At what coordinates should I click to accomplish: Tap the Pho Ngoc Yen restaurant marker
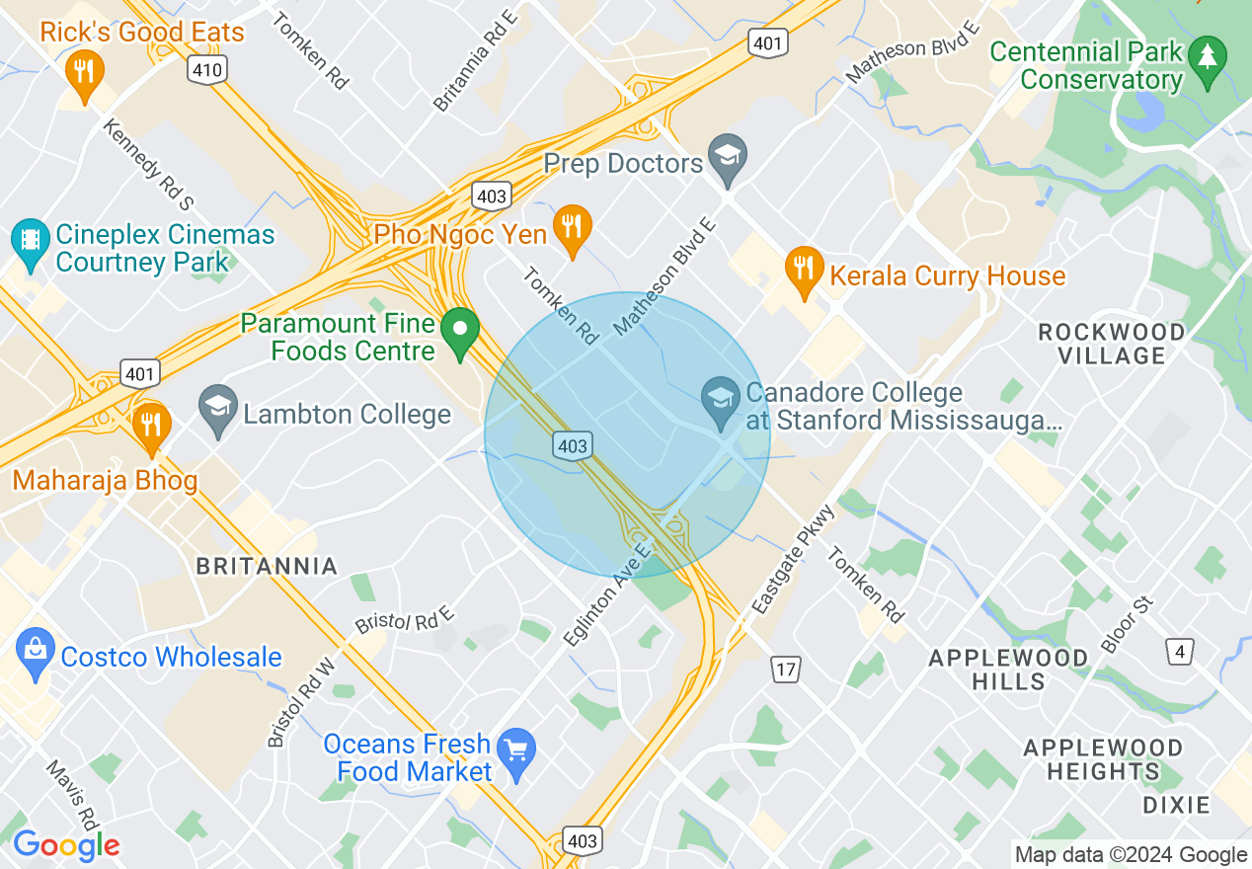572,228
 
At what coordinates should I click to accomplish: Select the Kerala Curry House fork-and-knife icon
805,269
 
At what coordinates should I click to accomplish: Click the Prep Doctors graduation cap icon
728,158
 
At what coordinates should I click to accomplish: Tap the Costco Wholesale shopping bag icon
37,653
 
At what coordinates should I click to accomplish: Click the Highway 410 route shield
209,69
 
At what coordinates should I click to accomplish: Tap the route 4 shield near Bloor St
1179,652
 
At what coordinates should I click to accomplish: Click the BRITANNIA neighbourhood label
267,567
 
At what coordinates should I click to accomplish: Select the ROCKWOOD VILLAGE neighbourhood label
1111,344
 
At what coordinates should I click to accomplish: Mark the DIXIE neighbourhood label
1176,805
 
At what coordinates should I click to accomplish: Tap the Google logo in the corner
66,845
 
